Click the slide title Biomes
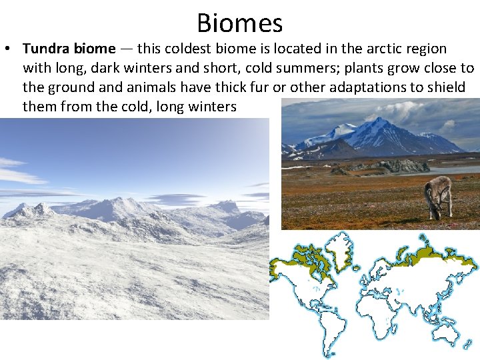239,23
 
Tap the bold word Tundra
43,49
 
